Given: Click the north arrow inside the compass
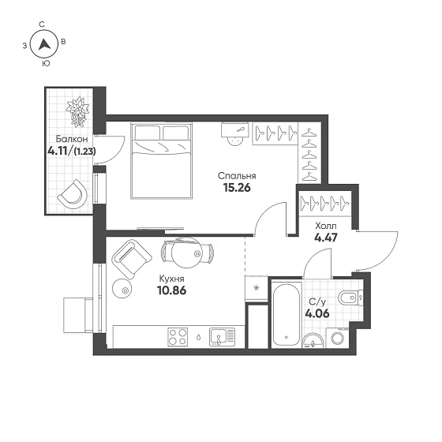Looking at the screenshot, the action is [44, 44].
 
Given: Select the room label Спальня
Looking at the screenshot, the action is [237, 176].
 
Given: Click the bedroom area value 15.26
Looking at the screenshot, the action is [237, 188].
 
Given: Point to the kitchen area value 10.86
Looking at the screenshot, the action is [172, 290].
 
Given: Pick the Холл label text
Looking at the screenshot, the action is [326, 226].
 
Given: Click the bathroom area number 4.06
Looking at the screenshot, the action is [317, 313].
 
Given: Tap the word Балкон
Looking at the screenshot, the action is [72, 139].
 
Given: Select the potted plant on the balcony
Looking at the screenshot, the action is [77, 111].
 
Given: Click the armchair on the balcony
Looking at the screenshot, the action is [73, 194].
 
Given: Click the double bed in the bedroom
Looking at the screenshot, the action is [162, 160].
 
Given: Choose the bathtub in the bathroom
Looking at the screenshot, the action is [286, 314].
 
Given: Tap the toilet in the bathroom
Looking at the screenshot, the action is [350, 297].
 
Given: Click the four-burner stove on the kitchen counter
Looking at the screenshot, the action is [178, 337].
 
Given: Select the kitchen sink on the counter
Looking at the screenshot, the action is [222, 337].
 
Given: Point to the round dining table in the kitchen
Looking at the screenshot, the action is [186, 253].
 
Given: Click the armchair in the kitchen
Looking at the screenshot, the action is [132, 260].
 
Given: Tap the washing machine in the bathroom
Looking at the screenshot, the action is [338, 338].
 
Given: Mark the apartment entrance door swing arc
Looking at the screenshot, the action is [389, 253].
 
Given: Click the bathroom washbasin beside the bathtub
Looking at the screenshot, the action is [313, 340].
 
